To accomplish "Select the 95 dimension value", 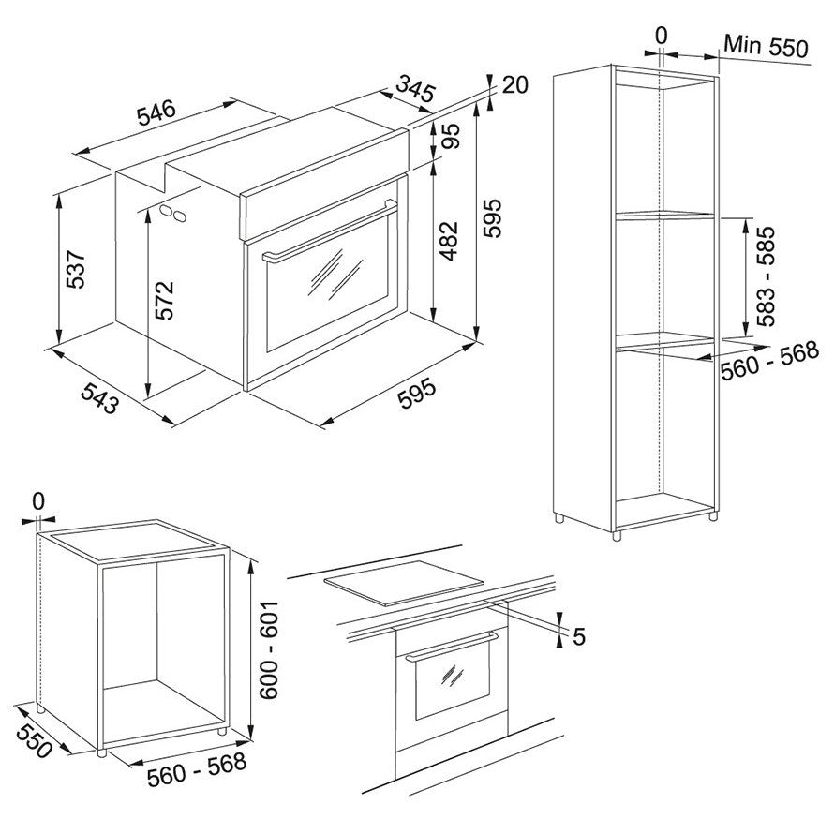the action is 450,136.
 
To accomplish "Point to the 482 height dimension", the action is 449,241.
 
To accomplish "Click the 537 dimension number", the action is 76,269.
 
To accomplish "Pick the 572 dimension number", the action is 164,300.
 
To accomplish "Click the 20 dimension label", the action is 514,85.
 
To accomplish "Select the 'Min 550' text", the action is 766,46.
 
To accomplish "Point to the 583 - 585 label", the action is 766,276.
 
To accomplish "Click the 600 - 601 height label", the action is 269,650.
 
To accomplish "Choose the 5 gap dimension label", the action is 579,636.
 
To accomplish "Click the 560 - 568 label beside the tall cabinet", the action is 769,361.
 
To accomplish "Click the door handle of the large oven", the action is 330,232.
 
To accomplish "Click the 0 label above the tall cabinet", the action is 662,36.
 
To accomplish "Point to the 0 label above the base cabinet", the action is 37,500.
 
